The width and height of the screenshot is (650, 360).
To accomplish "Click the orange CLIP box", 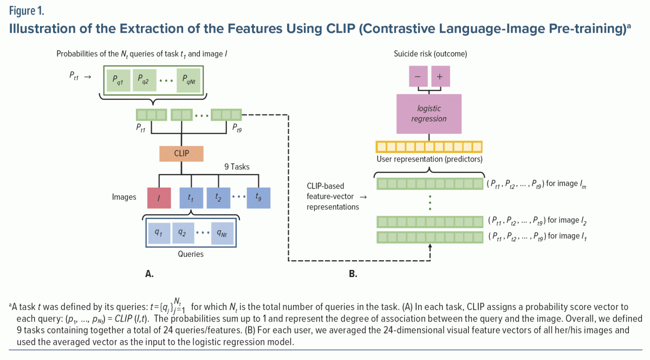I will [x=181, y=153].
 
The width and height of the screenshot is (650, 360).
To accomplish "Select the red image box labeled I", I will [x=159, y=198].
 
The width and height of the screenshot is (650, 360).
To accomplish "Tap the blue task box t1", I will [x=190, y=198].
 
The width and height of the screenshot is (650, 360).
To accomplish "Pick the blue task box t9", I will [x=259, y=198].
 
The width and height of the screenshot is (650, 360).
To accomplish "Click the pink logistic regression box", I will [x=429, y=114].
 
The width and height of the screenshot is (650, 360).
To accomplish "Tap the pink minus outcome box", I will [x=418, y=77].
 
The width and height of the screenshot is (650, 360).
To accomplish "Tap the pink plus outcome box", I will [x=440, y=77].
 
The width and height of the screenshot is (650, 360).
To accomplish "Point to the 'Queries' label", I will [x=191, y=254].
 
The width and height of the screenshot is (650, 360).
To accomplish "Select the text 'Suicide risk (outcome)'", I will [x=430, y=54].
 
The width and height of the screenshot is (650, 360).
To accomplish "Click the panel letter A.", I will [x=149, y=274].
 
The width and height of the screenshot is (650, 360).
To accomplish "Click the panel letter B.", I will [x=353, y=274].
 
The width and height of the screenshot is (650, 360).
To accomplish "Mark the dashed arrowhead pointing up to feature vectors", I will [x=430, y=247].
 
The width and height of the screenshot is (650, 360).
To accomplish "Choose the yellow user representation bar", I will [x=429, y=146].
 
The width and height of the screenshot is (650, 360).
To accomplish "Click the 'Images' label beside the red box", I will [x=124, y=197].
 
